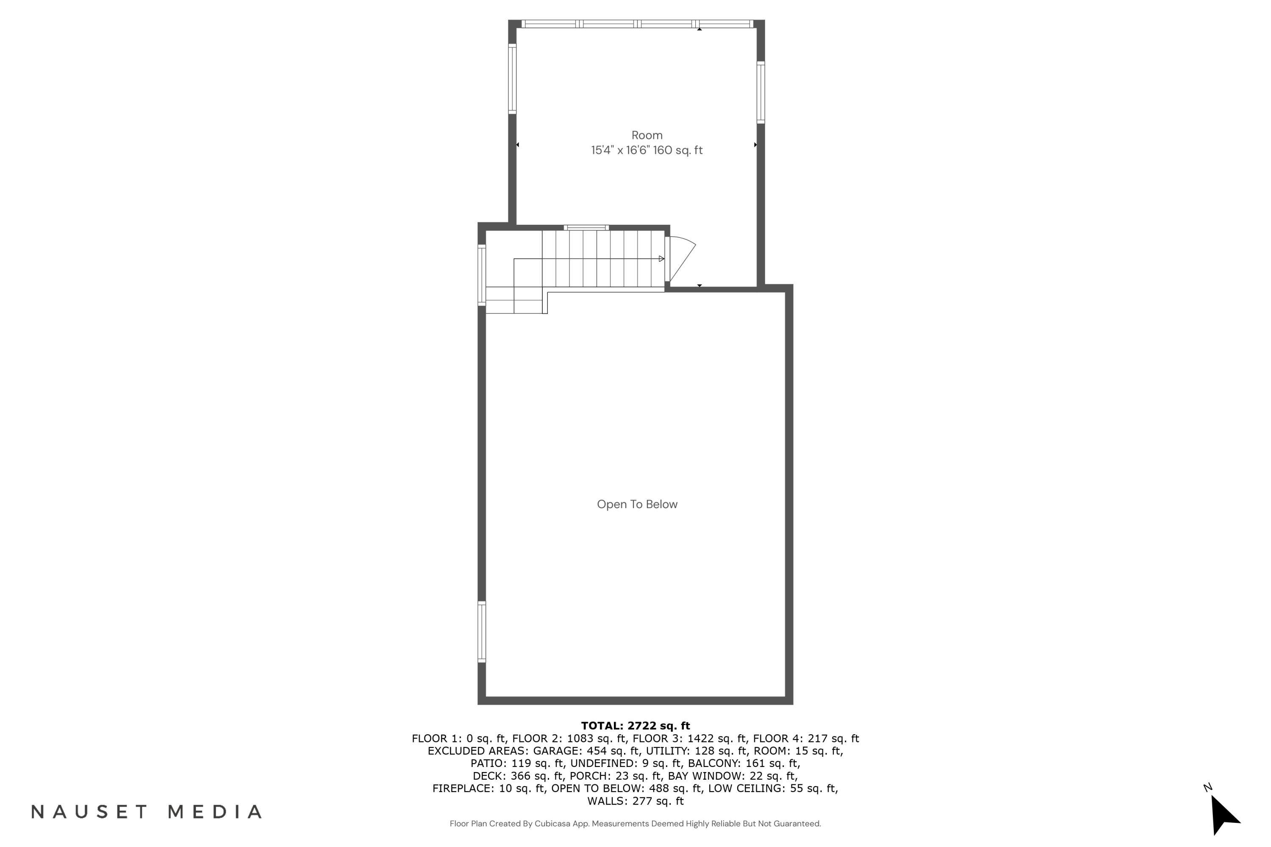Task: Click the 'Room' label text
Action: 647,135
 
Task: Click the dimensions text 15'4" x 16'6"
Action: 620,150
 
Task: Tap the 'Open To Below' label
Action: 637,504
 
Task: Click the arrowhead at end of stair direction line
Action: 661,259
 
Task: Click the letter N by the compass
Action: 1207,788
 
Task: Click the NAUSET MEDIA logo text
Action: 147,811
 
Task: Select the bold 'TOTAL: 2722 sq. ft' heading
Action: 635,725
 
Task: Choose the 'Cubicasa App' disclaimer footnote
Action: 635,824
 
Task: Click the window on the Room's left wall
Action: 512,79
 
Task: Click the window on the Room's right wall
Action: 760,92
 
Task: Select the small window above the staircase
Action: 586,227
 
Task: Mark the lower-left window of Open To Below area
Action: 481,631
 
